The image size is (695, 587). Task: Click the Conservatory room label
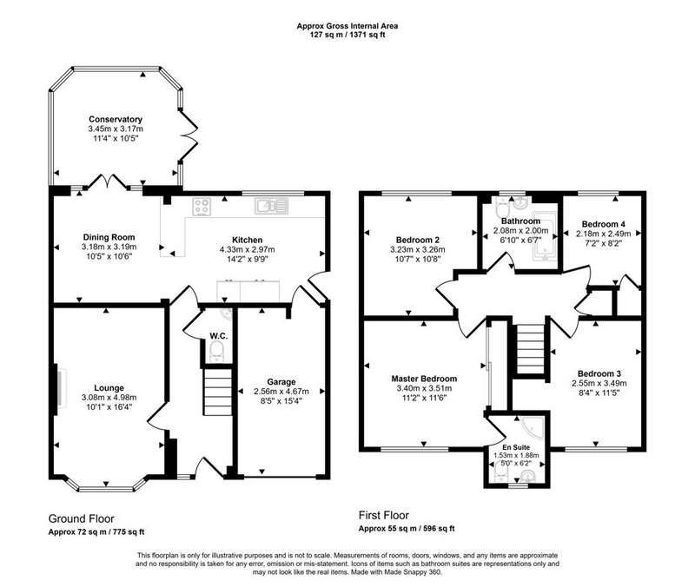pos(116,119)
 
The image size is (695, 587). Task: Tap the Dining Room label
pos(109,237)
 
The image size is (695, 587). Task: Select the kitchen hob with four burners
pos(202,207)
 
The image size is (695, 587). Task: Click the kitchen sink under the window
pos(271,206)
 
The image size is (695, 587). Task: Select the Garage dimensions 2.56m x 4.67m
pos(281,392)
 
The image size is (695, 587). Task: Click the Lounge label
pos(109,388)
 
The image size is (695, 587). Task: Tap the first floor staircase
pos(531,350)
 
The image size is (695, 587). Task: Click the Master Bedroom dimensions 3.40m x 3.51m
pos(424,388)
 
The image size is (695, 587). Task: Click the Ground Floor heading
pos(81,518)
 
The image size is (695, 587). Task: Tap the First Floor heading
pos(384,515)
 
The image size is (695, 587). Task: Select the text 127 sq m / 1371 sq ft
pos(347,35)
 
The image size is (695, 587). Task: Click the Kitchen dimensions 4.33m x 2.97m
pos(248,249)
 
